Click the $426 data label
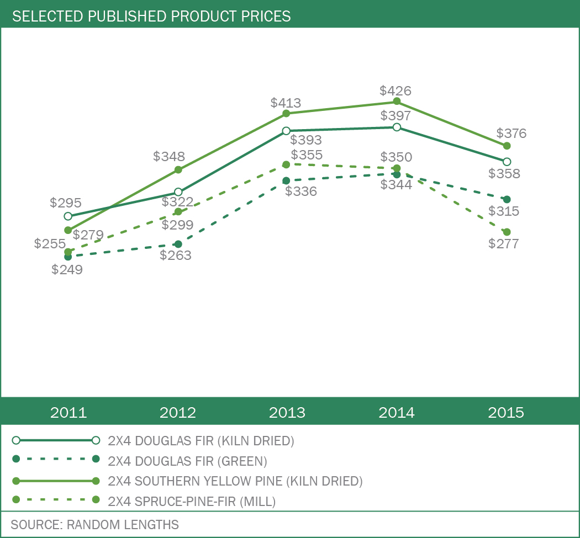pos(396,90)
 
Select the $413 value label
pos(286,103)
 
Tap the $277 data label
pos(504,244)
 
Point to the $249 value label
pos(67,270)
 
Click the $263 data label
pos(176,255)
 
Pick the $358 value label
pos(504,174)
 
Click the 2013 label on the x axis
pos(287,413)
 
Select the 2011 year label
pos(68,413)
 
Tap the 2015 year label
pos(506,413)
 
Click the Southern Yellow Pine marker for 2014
pos(397,102)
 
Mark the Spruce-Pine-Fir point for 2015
pos(507,232)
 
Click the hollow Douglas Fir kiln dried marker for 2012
pos(178,192)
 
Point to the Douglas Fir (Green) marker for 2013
pos(286,180)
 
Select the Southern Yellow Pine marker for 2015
pos(507,146)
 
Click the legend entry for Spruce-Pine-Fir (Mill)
pos(192,501)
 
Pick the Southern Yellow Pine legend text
pos(235,481)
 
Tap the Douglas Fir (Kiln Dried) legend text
pos(201,441)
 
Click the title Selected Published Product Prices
pos(151,17)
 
